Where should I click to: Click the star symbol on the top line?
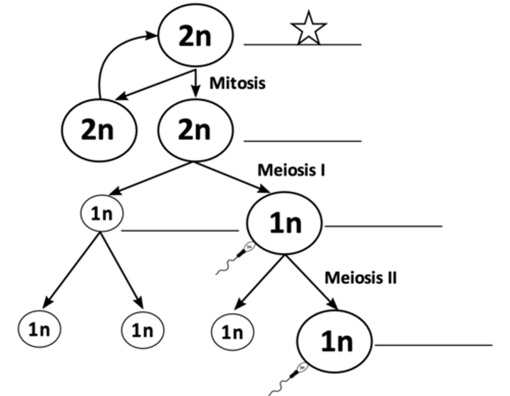[308, 28]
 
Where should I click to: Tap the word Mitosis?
[237, 83]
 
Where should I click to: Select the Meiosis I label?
[291, 170]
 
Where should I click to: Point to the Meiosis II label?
[361, 278]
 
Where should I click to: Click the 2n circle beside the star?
[195, 35]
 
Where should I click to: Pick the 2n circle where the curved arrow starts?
[98, 130]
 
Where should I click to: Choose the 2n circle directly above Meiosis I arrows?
[195, 130]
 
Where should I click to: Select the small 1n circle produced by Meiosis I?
[102, 213]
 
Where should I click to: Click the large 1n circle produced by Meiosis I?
[284, 223]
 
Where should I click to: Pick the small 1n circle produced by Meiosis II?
[233, 332]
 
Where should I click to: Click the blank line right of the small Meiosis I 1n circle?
[180, 231]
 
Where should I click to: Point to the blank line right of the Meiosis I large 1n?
[383, 226]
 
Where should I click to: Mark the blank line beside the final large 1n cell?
[433, 345]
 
